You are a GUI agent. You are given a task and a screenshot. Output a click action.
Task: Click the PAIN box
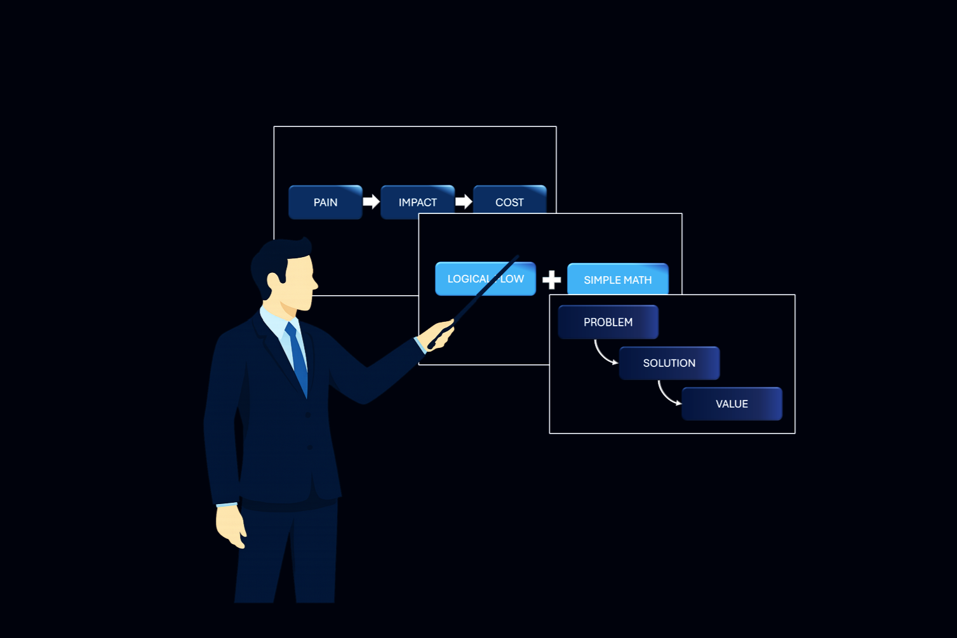pos(325,203)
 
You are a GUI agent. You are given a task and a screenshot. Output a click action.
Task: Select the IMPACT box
pos(417,203)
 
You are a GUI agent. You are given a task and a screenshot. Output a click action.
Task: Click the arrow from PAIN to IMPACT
pos(371,202)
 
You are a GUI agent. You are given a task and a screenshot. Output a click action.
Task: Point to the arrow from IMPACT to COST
pos(464,202)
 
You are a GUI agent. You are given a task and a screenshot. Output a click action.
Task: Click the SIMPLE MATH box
pos(617,279)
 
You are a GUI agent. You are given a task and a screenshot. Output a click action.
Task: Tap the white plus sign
pos(551,279)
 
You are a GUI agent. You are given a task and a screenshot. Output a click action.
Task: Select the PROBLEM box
pos(608,322)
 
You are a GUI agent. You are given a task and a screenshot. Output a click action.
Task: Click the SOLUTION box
pos(669,363)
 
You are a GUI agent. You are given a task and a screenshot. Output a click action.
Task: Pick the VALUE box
pos(732,404)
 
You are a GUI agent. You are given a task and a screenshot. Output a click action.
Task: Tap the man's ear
pos(274,281)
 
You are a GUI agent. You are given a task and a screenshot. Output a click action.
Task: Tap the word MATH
pos(637,280)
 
